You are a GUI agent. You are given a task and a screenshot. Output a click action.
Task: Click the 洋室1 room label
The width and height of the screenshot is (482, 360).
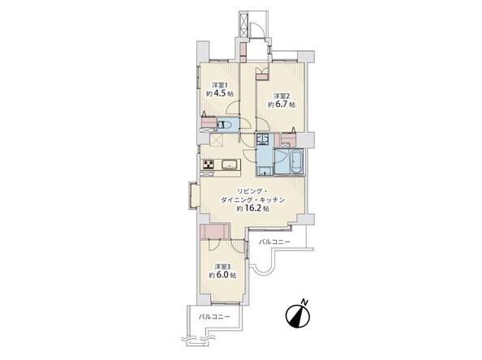pos(220,85)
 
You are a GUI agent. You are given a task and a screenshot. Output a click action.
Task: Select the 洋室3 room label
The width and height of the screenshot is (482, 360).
pos(222,266)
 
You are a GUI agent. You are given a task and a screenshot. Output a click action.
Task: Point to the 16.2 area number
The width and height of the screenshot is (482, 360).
pos(254,208)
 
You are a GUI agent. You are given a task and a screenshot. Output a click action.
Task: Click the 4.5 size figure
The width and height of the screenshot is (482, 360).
pos(220,94)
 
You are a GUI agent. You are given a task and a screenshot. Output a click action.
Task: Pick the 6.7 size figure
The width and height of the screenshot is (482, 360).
pos(282,105)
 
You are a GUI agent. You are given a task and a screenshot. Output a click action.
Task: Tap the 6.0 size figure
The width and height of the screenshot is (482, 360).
pos(222,275)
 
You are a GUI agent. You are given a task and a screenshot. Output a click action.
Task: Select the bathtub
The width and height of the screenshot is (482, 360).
pos(296,162)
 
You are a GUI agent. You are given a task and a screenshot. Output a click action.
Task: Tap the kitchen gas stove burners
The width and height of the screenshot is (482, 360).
pos(208,165)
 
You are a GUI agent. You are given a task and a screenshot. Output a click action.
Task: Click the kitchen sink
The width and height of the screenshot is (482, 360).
pos(229,165)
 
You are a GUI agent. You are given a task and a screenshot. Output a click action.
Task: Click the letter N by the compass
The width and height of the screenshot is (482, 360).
pos(304,302)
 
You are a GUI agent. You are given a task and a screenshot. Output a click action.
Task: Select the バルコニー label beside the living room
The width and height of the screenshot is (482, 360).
pos(274,242)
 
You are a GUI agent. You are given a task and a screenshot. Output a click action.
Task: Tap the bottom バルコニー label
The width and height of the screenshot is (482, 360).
pos(214,316)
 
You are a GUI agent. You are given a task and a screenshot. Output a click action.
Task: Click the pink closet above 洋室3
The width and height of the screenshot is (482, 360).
pos(214,232)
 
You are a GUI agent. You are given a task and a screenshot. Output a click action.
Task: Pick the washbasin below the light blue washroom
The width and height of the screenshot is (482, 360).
pos(264,171)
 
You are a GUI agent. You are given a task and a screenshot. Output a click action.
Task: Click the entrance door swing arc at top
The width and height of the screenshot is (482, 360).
pos(256,30)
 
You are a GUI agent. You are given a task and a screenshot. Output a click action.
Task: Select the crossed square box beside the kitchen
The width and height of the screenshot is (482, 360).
pos(217,141)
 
